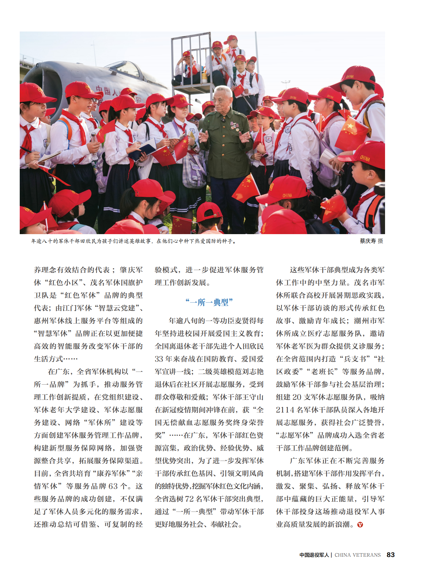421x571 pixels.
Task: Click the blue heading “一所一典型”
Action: tap(209, 302)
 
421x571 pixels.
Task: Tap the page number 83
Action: tap(390, 555)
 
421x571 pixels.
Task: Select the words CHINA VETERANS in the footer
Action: tap(357, 555)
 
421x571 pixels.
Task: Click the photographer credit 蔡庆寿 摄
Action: tap(371, 241)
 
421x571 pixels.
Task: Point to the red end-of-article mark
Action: tap(360, 525)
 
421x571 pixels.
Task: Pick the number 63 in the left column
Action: tap(113, 486)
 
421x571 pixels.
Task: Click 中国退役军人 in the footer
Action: tap(314, 555)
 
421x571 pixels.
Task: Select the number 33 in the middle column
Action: tap(159, 359)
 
